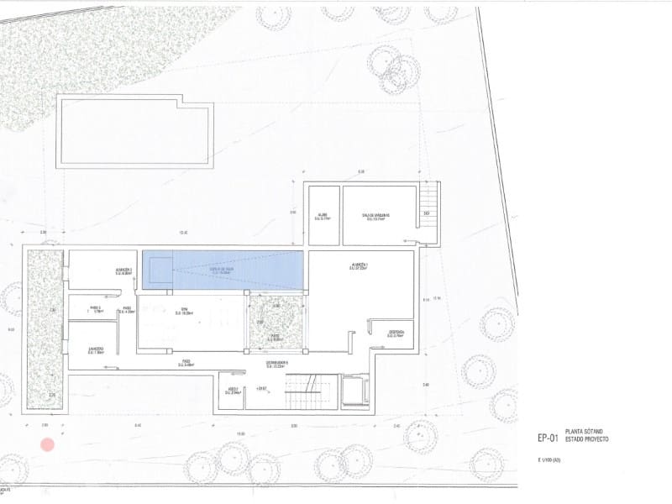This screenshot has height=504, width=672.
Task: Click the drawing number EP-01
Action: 548,438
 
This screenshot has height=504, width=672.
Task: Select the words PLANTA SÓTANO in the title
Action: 585,433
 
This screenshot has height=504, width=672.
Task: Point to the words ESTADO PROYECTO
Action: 587,440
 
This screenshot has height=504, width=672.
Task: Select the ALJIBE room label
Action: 323,216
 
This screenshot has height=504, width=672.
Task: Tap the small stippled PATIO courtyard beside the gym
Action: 276,323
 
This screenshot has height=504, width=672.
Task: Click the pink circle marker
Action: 48,444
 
